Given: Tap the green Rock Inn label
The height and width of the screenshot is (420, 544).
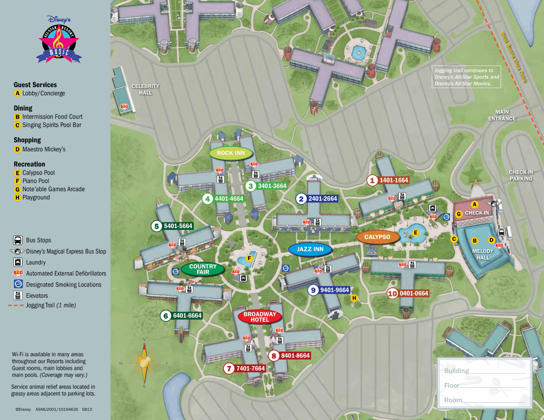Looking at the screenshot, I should [x=231, y=153].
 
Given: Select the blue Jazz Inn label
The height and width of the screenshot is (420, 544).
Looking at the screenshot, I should [x=310, y=249].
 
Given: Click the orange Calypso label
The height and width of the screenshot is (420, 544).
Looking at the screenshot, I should [x=377, y=237].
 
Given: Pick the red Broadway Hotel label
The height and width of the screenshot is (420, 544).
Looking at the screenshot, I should [x=260, y=317].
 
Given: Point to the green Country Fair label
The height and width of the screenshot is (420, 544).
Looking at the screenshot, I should [x=203, y=269].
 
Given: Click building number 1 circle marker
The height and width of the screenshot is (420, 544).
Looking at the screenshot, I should [x=372, y=180].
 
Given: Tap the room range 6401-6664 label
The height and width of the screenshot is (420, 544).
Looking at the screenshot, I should [x=187, y=316].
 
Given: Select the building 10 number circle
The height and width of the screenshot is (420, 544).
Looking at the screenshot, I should [x=393, y=293].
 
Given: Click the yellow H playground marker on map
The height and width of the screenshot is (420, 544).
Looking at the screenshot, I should [x=354, y=298].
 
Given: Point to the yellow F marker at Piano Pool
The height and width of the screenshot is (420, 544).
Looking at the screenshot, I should [x=249, y=258].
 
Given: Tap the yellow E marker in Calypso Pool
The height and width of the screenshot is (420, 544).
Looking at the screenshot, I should [x=415, y=233].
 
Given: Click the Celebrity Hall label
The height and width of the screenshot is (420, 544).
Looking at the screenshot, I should [x=145, y=90].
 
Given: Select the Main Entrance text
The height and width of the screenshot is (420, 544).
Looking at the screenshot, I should [x=502, y=115].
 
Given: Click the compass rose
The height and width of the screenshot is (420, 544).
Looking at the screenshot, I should [x=144, y=363].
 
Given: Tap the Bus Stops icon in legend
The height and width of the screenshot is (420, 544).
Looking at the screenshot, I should [x=18, y=240].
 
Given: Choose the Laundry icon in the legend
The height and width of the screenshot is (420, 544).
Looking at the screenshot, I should [x=18, y=262].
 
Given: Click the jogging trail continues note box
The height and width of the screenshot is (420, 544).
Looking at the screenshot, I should [x=466, y=77].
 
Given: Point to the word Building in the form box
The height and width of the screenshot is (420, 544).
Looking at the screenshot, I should [x=456, y=371].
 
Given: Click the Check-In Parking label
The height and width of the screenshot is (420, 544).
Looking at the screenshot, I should [x=521, y=175].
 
